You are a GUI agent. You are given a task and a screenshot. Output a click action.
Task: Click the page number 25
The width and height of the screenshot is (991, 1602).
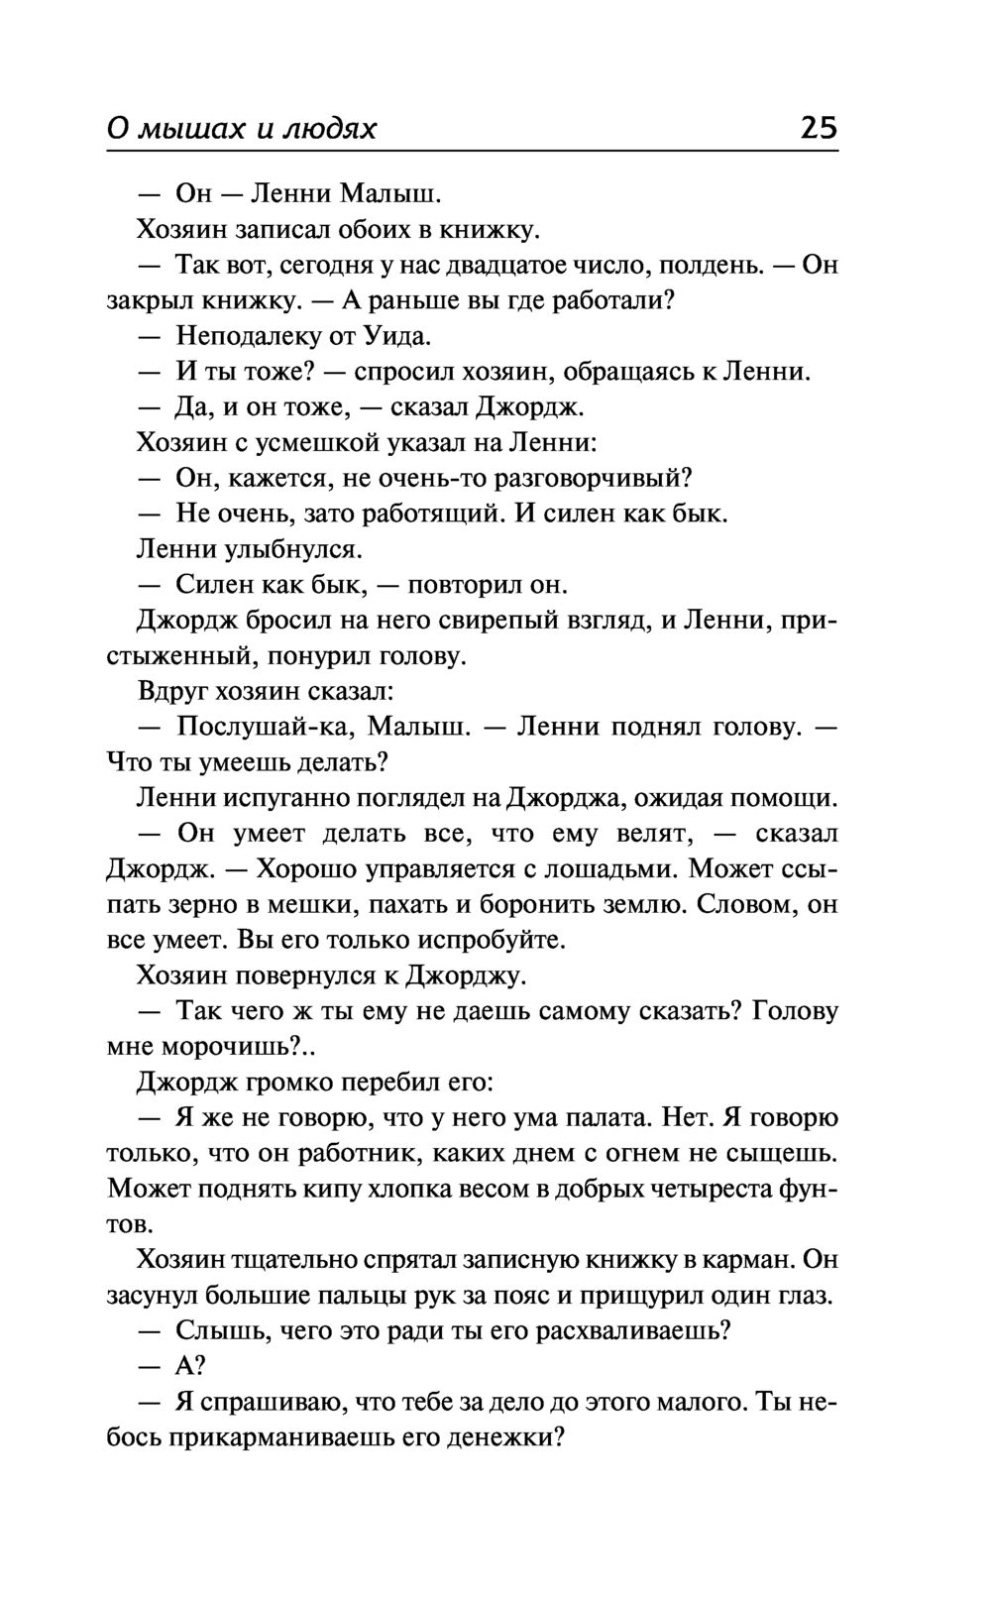pyautogui.click(x=818, y=128)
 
